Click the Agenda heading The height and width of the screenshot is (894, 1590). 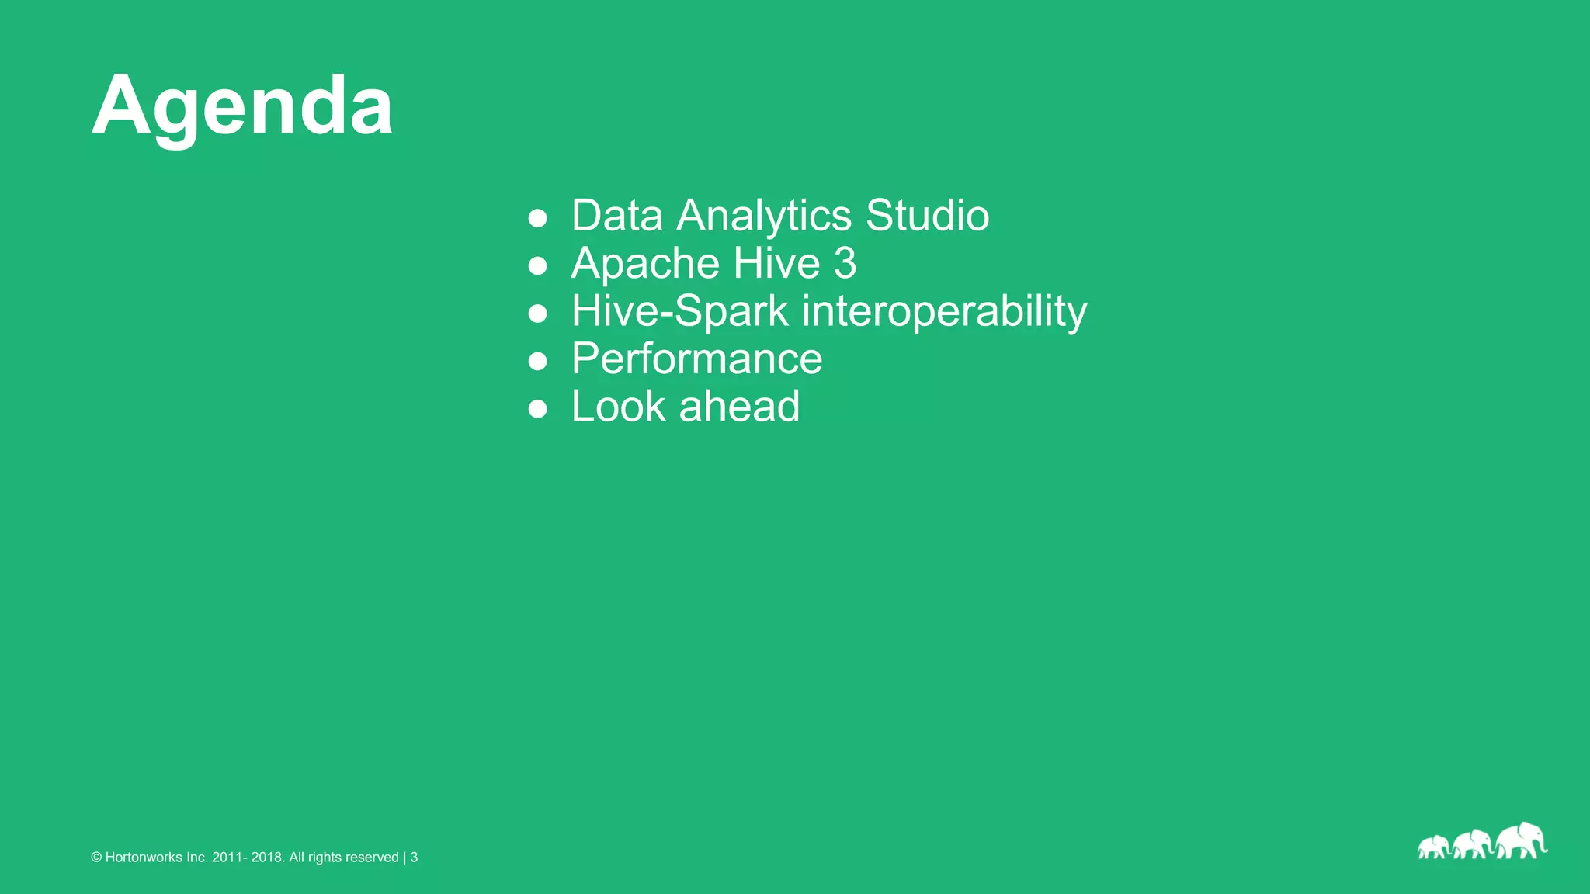242,106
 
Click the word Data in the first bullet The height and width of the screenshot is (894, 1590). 617,215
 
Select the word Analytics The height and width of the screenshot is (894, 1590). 764,215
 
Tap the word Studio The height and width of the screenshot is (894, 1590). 927,215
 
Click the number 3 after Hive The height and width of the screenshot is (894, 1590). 845,263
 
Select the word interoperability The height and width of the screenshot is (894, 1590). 944,311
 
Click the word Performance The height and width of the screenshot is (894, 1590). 696,359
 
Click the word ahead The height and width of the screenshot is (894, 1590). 739,407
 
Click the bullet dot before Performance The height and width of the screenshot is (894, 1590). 537,362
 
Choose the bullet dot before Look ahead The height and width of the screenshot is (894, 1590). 537,410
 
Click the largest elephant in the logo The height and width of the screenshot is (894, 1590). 1520,841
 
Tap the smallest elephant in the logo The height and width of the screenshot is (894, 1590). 1433,847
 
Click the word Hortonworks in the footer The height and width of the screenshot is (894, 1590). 144,858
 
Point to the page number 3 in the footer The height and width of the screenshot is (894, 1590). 415,858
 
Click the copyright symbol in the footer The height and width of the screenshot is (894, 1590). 96,858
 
